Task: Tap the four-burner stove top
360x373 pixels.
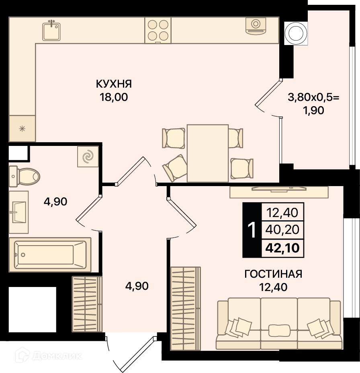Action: [x=158, y=31]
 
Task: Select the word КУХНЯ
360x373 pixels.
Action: [x=114, y=84]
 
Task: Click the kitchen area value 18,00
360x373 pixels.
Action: [x=114, y=97]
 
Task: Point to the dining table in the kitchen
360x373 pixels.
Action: [x=208, y=153]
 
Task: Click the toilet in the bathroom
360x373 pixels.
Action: [x=24, y=176]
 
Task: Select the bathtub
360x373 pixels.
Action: [x=50, y=254]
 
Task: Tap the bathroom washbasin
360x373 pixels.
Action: [x=19, y=212]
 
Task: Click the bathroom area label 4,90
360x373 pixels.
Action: [x=55, y=202]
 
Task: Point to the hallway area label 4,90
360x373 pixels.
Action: [x=137, y=286]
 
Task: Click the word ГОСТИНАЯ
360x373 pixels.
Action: [x=273, y=274]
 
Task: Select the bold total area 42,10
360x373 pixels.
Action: [x=282, y=248]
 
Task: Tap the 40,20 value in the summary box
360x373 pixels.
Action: [x=282, y=230]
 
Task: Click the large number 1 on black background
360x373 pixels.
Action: [x=252, y=230]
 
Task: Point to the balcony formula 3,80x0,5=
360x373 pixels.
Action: [x=314, y=97]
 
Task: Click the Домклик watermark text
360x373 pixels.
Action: [x=57, y=356]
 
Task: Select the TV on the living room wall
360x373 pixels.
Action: [x=279, y=189]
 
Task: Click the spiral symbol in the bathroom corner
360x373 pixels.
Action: [x=88, y=156]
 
